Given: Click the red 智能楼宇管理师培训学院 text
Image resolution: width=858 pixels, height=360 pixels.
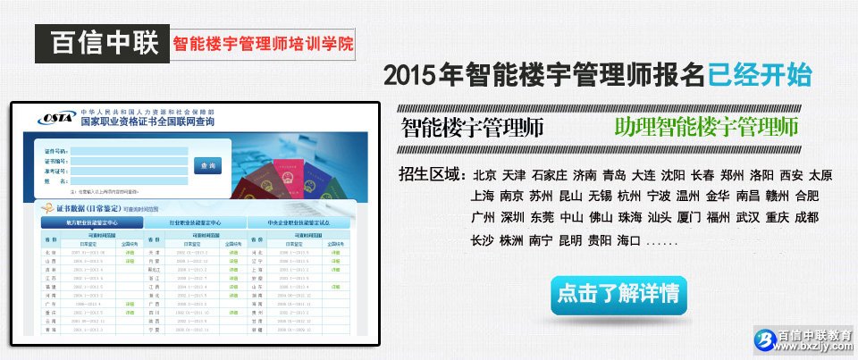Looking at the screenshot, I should (264, 43).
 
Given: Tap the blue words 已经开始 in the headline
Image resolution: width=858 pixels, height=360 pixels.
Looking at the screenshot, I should (760, 75).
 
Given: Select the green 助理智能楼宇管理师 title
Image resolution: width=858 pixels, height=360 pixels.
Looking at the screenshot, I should (706, 126).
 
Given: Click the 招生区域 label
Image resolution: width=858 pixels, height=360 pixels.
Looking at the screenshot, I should (433, 174).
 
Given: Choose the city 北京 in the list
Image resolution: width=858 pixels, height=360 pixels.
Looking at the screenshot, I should (484, 175).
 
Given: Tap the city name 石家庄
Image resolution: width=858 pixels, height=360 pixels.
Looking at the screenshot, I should (549, 175).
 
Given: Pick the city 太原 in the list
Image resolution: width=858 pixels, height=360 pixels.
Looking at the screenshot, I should (820, 175).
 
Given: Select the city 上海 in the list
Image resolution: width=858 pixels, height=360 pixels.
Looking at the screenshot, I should (483, 197).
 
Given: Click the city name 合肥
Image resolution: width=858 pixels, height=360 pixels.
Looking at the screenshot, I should (806, 197).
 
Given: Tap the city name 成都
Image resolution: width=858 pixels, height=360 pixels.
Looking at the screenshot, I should (806, 218).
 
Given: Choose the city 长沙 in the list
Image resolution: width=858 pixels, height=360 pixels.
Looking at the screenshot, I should (483, 240).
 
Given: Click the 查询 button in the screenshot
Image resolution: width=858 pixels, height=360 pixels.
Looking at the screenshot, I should (208, 165).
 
